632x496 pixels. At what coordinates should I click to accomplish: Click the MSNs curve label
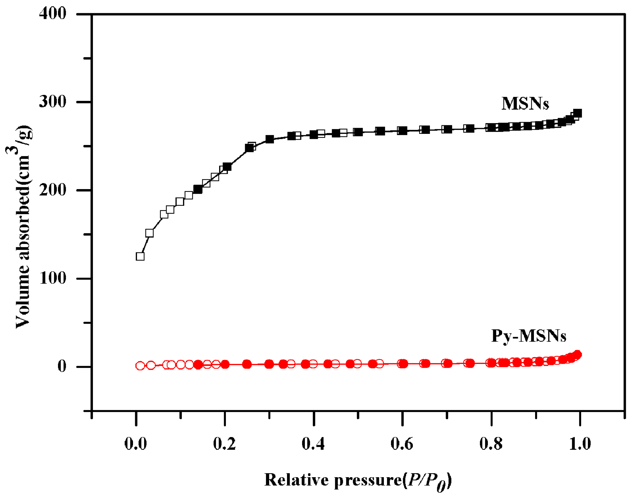tap(525, 103)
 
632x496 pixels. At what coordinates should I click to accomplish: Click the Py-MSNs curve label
tap(528, 336)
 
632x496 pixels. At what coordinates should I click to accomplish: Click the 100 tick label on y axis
tap(53, 278)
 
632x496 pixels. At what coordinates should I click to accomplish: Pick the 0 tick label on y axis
tap(62, 366)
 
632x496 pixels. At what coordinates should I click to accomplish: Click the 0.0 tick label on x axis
tap(136, 444)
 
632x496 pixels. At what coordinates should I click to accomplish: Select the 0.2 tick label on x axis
tap(225, 444)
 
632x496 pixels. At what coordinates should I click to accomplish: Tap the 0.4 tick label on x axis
tap(313, 444)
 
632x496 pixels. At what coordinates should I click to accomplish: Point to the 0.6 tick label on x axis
tap(402, 444)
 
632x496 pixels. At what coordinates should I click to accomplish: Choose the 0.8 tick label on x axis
tap(491, 444)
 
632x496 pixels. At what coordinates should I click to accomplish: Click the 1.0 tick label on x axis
tap(580, 444)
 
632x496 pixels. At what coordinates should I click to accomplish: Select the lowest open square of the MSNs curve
tap(140, 256)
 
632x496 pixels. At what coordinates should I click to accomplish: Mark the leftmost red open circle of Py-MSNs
tap(140, 366)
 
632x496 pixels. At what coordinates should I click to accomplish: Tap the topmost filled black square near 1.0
tap(577, 113)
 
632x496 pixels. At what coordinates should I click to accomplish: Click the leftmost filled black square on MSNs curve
tap(198, 189)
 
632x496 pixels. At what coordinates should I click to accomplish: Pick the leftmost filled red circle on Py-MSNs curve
tap(198, 365)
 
